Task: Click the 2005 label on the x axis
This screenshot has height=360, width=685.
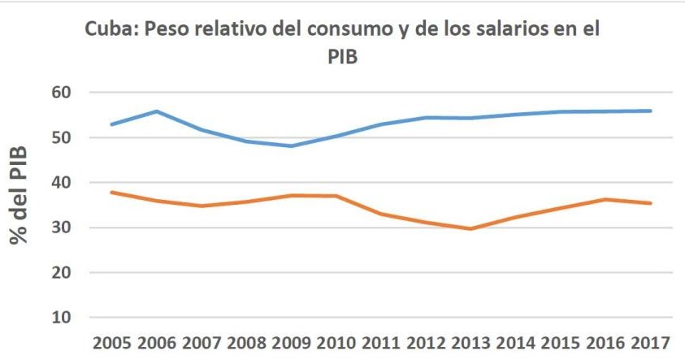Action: pos(111,341)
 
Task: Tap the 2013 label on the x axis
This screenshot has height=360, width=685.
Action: pos(471,341)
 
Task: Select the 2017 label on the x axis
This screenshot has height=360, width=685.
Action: pos(651,341)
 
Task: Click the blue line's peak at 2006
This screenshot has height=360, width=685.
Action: pos(156,111)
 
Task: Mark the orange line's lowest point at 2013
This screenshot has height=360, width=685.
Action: pos(471,229)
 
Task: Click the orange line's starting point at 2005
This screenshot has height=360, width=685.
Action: pos(111,193)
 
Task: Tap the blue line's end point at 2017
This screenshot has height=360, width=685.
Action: pos(651,111)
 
